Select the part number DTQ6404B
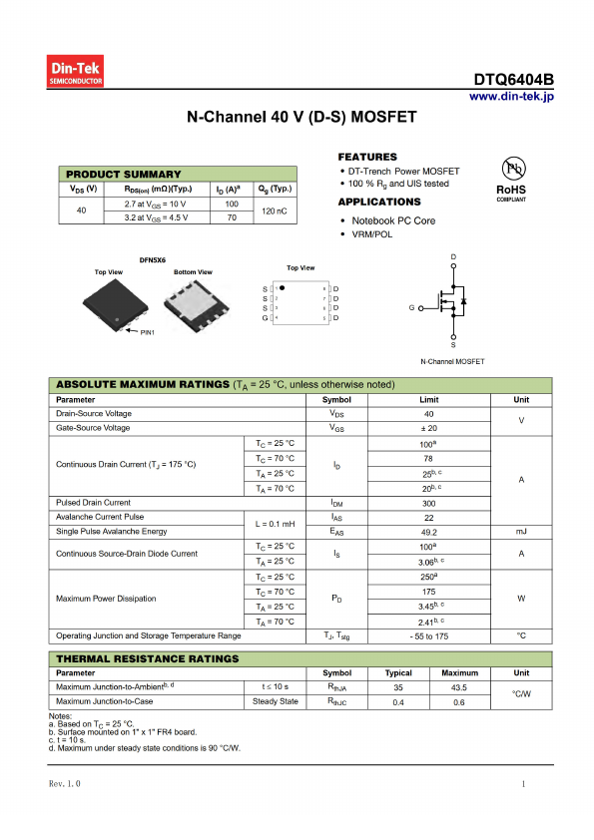click(x=513, y=80)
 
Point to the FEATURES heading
click(x=367, y=157)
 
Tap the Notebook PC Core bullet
click(x=392, y=220)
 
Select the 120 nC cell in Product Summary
click(x=275, y=210)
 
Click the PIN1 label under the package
click(x=148, y=330)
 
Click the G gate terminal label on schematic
click(x=411, y=308)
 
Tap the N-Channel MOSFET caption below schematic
click(x=452, y=361)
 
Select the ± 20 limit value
click(x=429, y=428)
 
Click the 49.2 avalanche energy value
click(x=429, y=532)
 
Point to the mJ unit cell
click(x=521, y=532)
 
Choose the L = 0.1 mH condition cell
click(x=276, y=525)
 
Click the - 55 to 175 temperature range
click(x=429, y=635)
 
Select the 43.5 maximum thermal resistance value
click(x=459, y=687)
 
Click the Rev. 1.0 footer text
click(x=65, y=784)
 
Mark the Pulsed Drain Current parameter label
click(x=94, y=503)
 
